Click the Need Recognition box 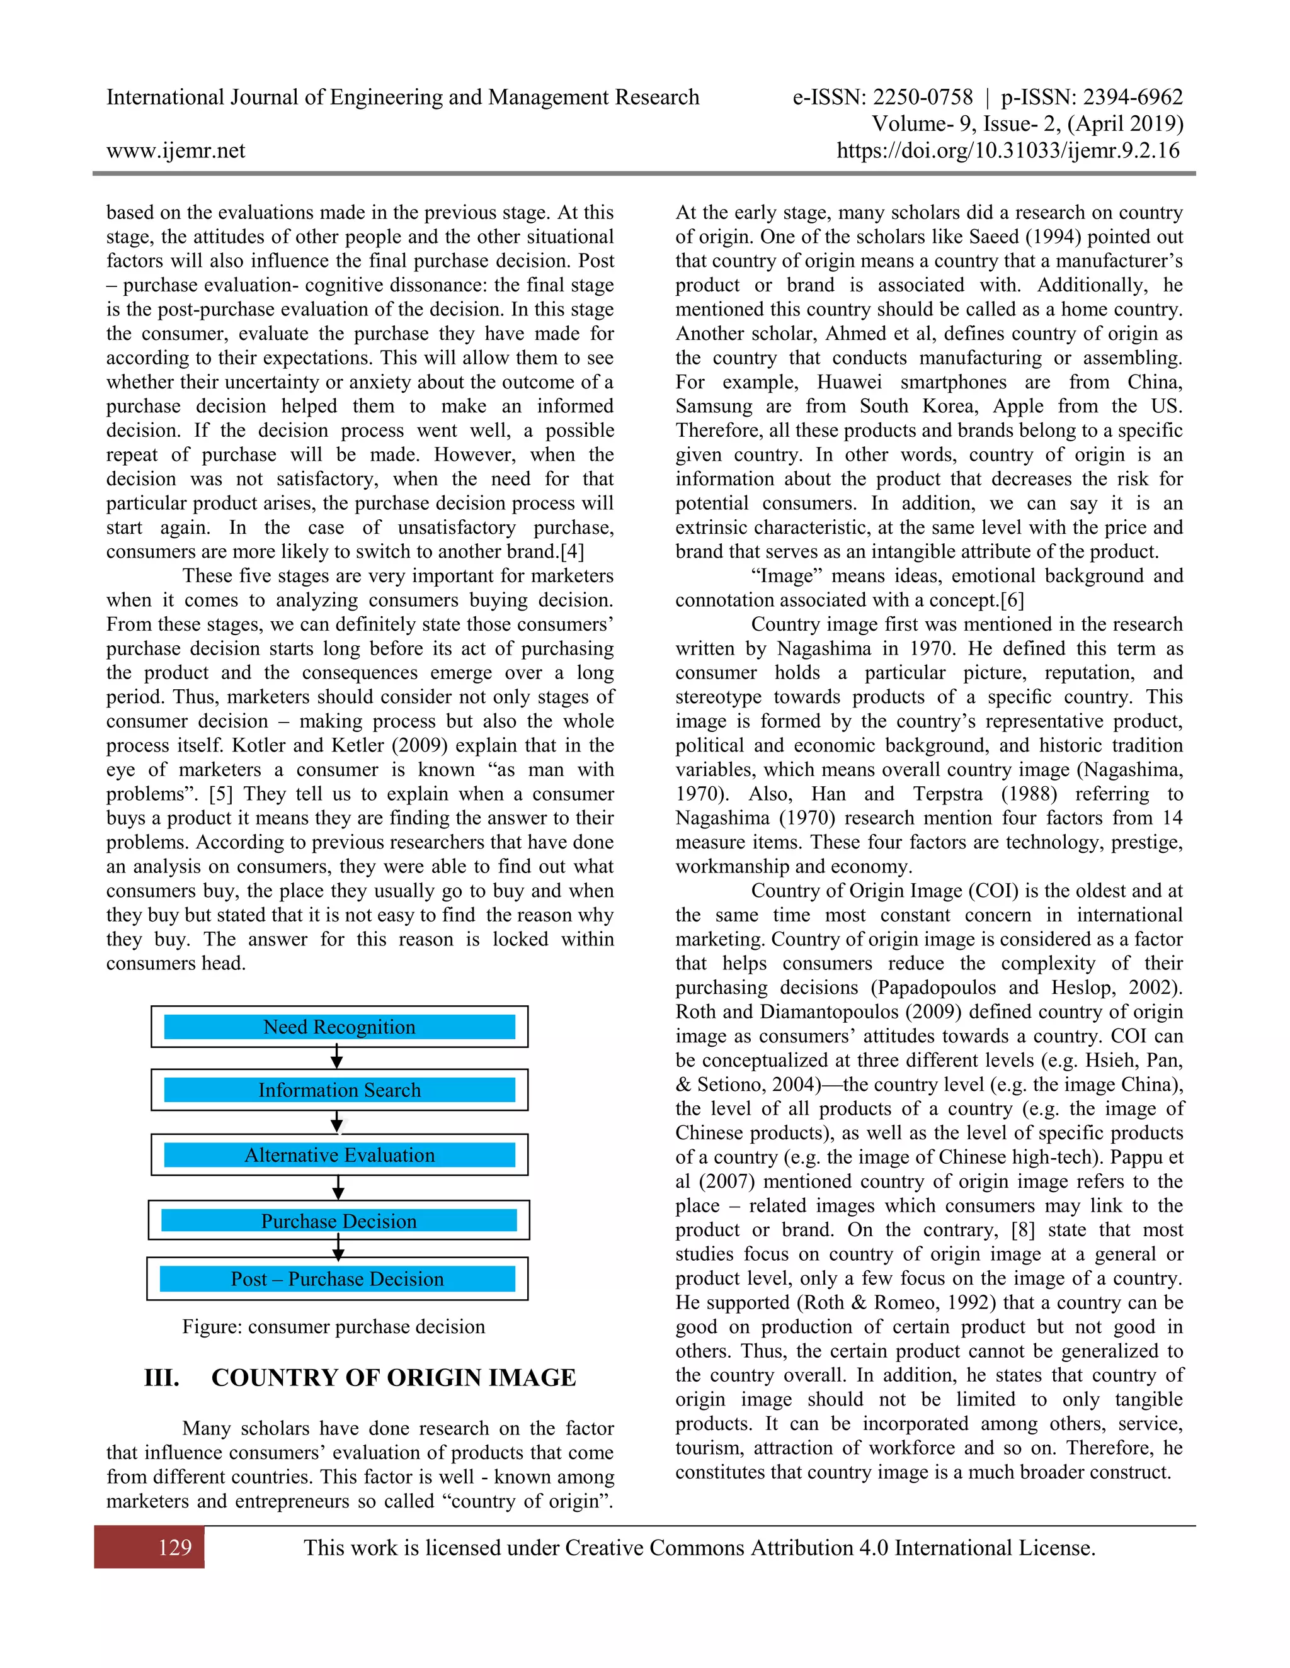340,1027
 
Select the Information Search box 340,1090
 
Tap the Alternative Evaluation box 340,1155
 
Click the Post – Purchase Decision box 337,1278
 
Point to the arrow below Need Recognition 336,1058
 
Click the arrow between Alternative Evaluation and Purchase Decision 338,1188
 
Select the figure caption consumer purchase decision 333,1327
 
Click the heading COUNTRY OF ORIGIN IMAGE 394,1378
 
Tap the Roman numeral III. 161,1378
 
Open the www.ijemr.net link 176,150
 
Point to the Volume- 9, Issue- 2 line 1027,124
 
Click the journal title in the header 402,97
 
